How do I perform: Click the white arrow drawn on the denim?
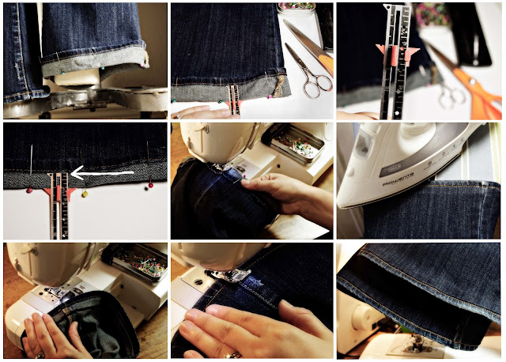click(98, 169)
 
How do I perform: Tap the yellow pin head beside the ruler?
click(85, 194)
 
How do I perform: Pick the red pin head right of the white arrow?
click(150, 187)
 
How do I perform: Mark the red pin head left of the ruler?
click(29, 190)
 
